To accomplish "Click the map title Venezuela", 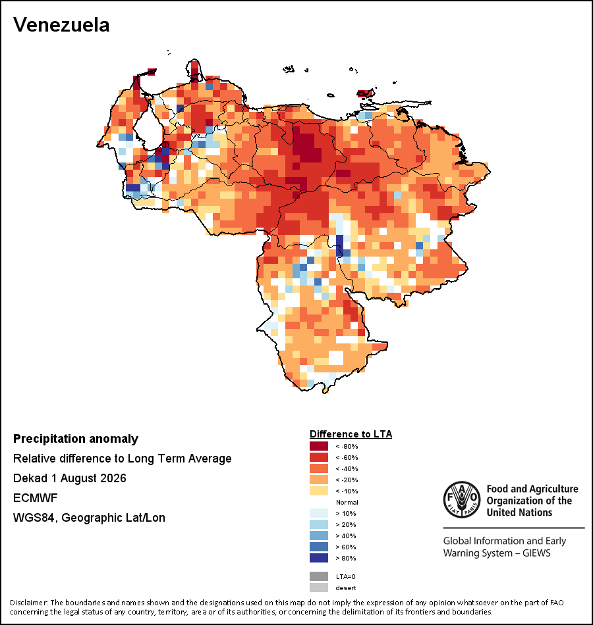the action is [61, 25].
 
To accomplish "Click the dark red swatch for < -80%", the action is [319, 446].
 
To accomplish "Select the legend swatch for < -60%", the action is [319, 457].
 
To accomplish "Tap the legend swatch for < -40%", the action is [319, 468].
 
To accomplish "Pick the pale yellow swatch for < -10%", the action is [319, 491].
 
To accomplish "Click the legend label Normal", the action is [347, 502].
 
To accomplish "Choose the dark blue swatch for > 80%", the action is [319, 558].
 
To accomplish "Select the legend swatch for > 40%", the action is [319, 536].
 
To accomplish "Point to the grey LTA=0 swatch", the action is [319, 576].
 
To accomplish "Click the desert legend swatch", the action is [319, 587].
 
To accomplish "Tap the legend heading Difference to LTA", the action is [351, 434].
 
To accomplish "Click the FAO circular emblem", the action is [462, 499].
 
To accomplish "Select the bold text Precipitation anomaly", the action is [76, 439].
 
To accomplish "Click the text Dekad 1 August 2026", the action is [69, 478].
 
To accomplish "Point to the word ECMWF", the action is [35, 498].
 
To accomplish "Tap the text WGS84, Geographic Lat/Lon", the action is [89, 518].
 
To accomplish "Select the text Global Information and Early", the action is [504, 541].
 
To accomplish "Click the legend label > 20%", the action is [346, 524].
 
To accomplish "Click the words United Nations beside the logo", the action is [519, 512].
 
